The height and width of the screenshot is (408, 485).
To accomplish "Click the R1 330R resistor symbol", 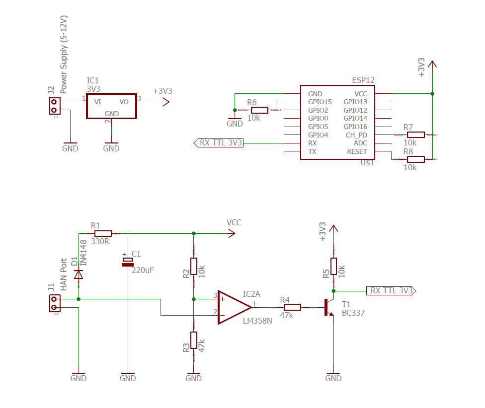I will coord(103,233).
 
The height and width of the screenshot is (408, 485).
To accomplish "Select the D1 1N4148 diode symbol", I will coord(78,274).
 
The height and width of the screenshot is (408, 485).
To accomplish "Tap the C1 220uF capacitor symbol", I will coord(128,262).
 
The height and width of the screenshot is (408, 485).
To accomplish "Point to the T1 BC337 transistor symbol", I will coord(328,308).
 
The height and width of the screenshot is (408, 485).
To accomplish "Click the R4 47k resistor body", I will coord(292,307).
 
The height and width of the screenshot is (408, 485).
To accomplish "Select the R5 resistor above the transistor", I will coord(333,266).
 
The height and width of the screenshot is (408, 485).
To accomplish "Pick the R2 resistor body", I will coord(193,266).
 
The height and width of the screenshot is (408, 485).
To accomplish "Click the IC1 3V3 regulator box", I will coord(111,106).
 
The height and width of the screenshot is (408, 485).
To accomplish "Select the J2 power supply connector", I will coord(54,106).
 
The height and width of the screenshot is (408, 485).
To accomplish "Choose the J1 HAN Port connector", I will coord(54,303).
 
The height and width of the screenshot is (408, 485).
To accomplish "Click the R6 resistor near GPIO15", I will coord(259,110).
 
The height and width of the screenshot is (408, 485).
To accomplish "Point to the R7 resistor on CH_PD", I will coord(416,135).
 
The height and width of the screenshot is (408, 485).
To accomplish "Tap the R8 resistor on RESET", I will coord(416,159).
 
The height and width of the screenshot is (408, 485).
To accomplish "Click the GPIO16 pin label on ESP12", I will coord(355,127).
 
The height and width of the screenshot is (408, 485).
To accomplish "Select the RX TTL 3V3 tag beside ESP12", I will coord(219,143).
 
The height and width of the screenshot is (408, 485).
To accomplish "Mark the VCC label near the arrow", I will coord(234,222).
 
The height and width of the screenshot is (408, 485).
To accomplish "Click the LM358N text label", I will coord(257,321).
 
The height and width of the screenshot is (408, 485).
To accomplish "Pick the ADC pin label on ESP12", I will coord(360,143).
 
